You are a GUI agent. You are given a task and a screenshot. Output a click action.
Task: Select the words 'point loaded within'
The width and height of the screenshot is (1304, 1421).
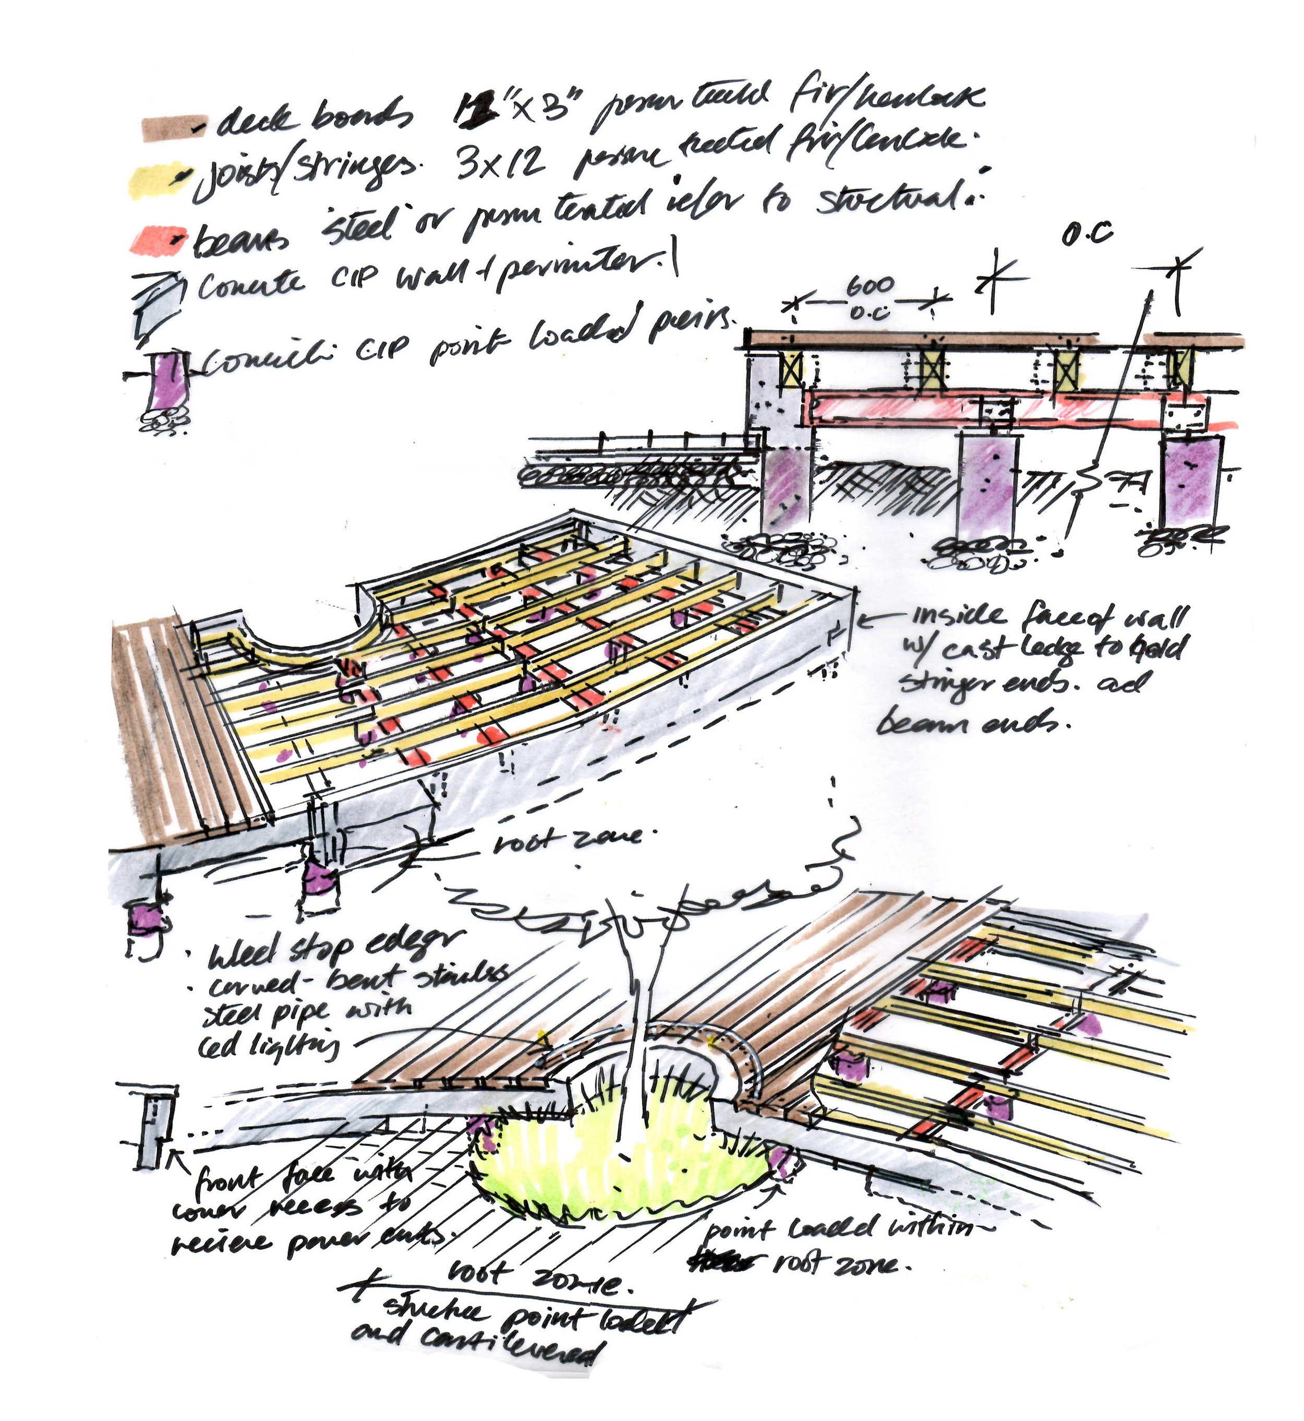[x=840, y=1229]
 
